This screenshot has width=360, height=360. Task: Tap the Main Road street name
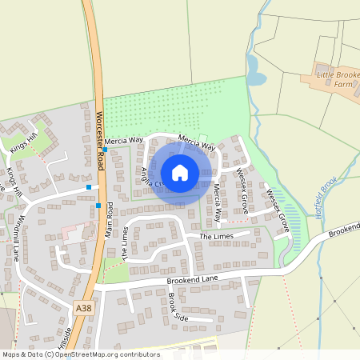(x=110, y=218)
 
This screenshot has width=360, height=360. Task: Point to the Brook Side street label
(x=177, y=306)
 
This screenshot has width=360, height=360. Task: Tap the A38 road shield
(x=83, y=308)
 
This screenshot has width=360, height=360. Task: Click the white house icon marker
(x=180, y=173)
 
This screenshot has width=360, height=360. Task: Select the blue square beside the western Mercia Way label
(x=105, y=150)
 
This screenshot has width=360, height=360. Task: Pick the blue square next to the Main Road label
(x=98, y=206)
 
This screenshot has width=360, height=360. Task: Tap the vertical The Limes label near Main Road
(x=125, y=242)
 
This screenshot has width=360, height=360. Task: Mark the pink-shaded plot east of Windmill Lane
(x=72, y=235)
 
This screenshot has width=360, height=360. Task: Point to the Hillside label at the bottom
(x=67, y=337)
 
